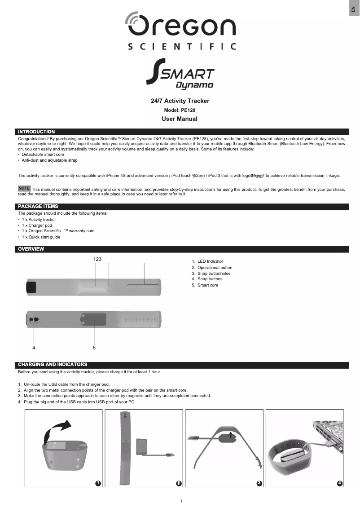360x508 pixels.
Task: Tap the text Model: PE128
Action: point(180,110)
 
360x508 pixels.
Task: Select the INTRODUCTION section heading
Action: point(36,132)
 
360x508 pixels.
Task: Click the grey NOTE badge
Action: point(24,188)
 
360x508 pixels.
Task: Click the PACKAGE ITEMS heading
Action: point(38,206)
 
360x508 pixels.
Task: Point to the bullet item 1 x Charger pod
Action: point(37,225)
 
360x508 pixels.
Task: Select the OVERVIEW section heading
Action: point(31,249)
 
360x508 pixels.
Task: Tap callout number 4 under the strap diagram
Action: point(34,348)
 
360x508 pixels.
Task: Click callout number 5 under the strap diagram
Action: point(94,348)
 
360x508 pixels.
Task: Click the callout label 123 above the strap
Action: point(97,259)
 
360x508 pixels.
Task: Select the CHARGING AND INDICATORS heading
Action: point(53,364)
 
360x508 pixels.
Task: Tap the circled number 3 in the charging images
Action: point(259,483)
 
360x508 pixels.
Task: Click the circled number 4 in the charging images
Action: point(339,483)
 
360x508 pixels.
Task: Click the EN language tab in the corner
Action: point(354,9)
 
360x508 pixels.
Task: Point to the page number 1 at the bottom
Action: point(181,501)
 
